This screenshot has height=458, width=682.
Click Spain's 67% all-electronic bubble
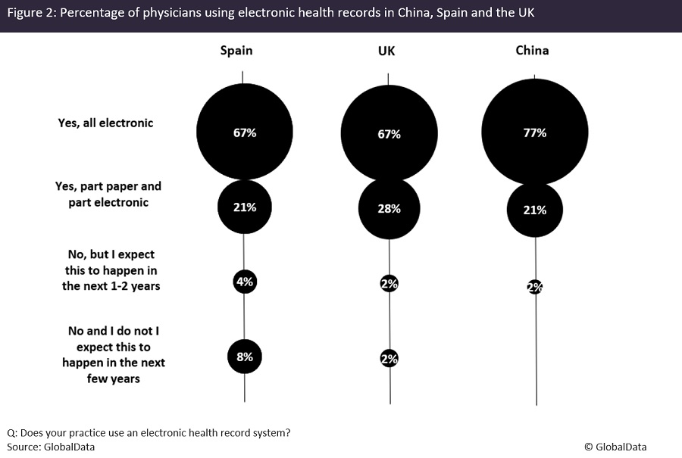pos(244,132)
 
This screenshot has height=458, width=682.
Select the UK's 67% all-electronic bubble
pos(389,134)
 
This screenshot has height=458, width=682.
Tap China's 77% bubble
pos(535,132)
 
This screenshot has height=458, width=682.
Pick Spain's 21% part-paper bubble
pos(244,207)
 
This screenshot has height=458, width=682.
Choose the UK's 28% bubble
pos(389,209)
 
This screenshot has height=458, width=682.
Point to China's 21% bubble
pos(535,210)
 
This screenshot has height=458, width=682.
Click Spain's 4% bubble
pos(245,282)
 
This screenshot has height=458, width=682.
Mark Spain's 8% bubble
pos(244,357)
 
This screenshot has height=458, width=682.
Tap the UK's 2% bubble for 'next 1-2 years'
pos(389,284)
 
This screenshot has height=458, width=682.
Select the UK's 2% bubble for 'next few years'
pos(389,360)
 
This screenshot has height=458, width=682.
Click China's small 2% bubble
pos(535,287)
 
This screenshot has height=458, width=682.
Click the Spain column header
pos(236,51)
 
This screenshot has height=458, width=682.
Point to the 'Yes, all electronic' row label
pos(105,123)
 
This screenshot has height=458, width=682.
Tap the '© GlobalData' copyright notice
pos(615,447)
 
